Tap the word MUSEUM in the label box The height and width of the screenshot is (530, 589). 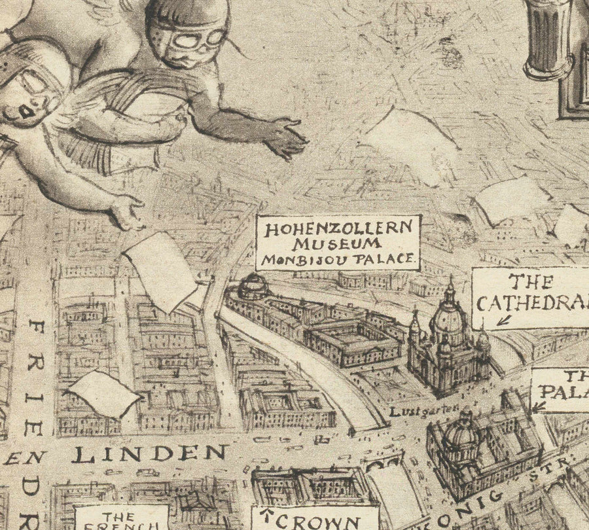pyautogui.click(x=337, y=244)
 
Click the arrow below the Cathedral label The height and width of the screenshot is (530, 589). pyautogui.click(x=503, y=320)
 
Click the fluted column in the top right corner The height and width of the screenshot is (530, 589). pyautogui.click(x=550, y=36)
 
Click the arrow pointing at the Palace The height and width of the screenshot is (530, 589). pyautogui.click(x=539, y=406)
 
